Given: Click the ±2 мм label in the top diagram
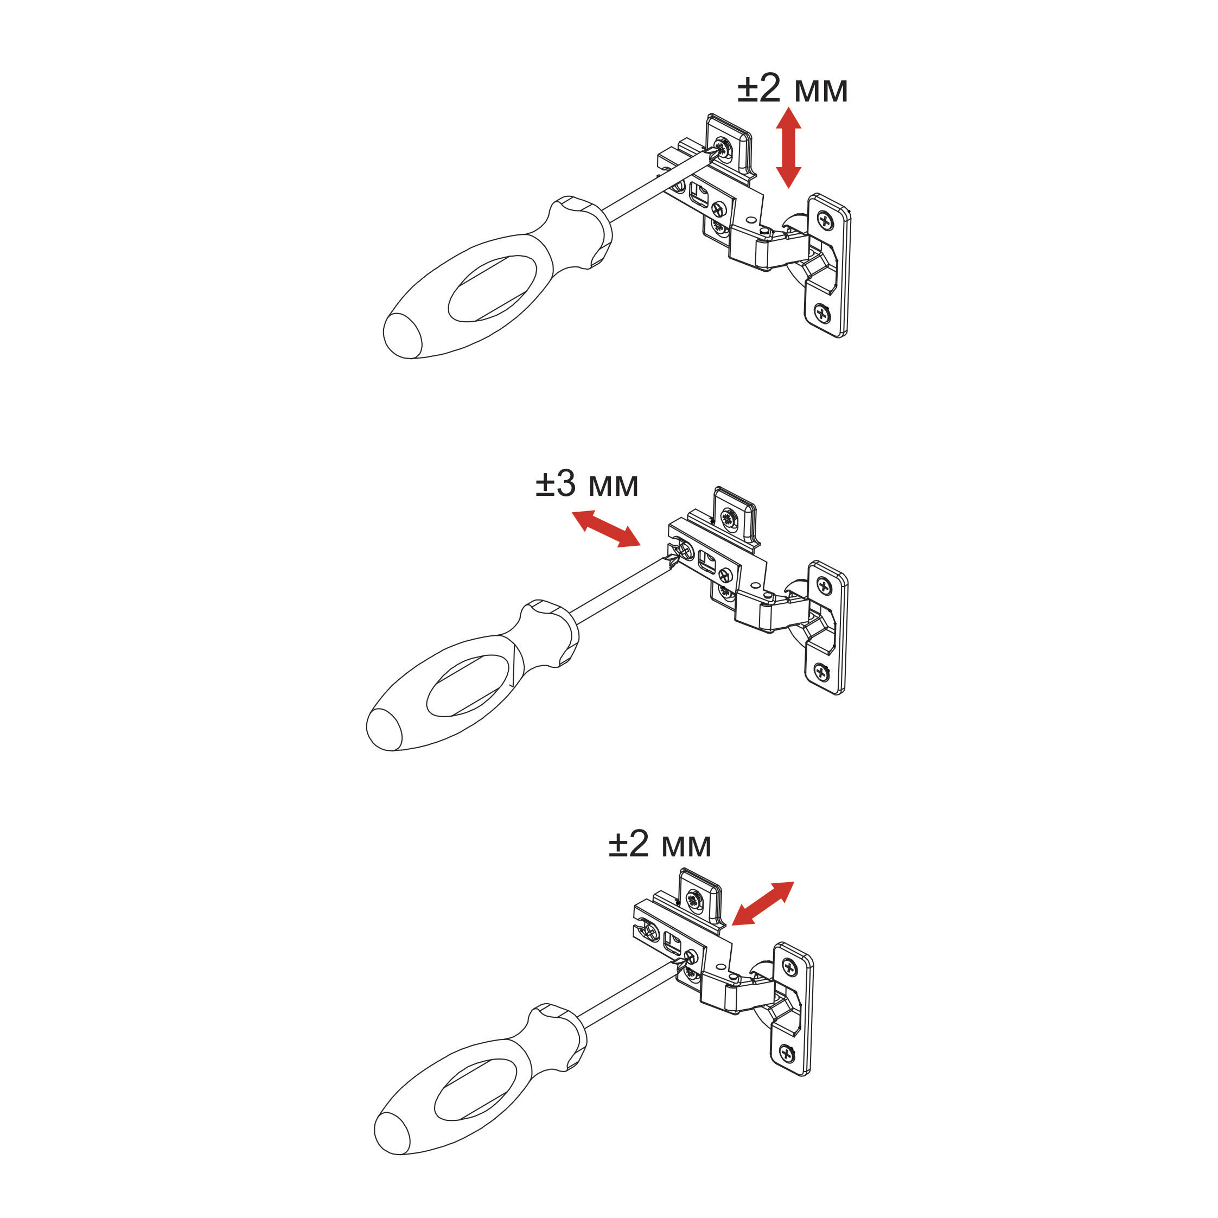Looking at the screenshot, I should pyautogui.click(x=793, y=89).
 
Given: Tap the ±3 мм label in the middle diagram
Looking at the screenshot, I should pyautogui.click(x=587, y=485).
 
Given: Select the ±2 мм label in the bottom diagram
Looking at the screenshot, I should pyautogui.click(x=659, y=845).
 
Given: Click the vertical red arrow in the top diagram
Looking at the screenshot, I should pyautogui.click(x=788, y=148).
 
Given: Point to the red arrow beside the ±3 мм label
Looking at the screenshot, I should pyautogui.click(x=606, y=530).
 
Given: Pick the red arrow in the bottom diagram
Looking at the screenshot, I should pyautogui.click(x=763, y=903).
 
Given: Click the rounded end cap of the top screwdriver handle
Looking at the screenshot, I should pyautogui.click(x=402, y=335).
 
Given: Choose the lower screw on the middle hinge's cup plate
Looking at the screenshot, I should pyautogui.click(x=821, y=672).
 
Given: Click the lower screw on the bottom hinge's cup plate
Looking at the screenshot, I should pyautogui.click(x=786, y=1051).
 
